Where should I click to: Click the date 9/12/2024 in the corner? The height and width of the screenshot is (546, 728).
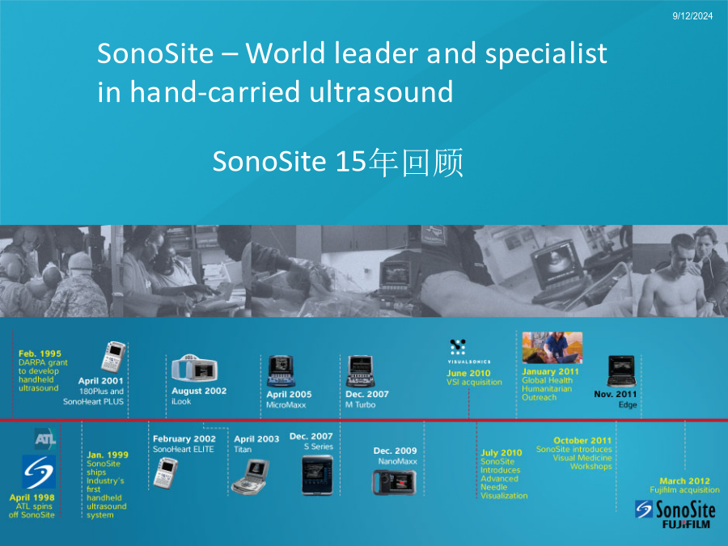tap(692, 16)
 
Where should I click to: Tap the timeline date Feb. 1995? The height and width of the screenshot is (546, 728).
tap(40, 353)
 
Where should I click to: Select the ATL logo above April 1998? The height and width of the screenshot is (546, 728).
tap(45, 438)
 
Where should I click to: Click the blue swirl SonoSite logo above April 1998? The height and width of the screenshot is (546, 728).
tap(39, 472)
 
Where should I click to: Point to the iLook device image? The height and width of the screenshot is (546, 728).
tap(194, 369)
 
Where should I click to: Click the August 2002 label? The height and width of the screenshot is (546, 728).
tap(199, 391)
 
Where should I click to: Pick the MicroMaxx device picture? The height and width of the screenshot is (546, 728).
tap(281, 371)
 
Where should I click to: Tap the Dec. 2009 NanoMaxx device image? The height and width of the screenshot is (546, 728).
tap(395, 482)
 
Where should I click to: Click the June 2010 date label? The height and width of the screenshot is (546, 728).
tap(468, 373)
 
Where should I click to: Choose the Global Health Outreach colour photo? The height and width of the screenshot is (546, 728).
tap(552, 348)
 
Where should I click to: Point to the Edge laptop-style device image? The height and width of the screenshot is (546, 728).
tap(621, 371)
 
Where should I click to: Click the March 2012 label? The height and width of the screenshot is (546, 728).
tap(685, 481)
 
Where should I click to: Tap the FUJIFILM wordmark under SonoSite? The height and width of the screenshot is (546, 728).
tap(686, 525)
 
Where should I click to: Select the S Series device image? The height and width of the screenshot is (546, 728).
tap(317, 475)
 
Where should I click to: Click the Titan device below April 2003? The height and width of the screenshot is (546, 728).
tap(250, 476)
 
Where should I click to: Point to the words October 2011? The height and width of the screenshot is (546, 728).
tap(582, 441)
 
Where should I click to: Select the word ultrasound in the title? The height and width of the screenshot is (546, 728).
tap(381, 91)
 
